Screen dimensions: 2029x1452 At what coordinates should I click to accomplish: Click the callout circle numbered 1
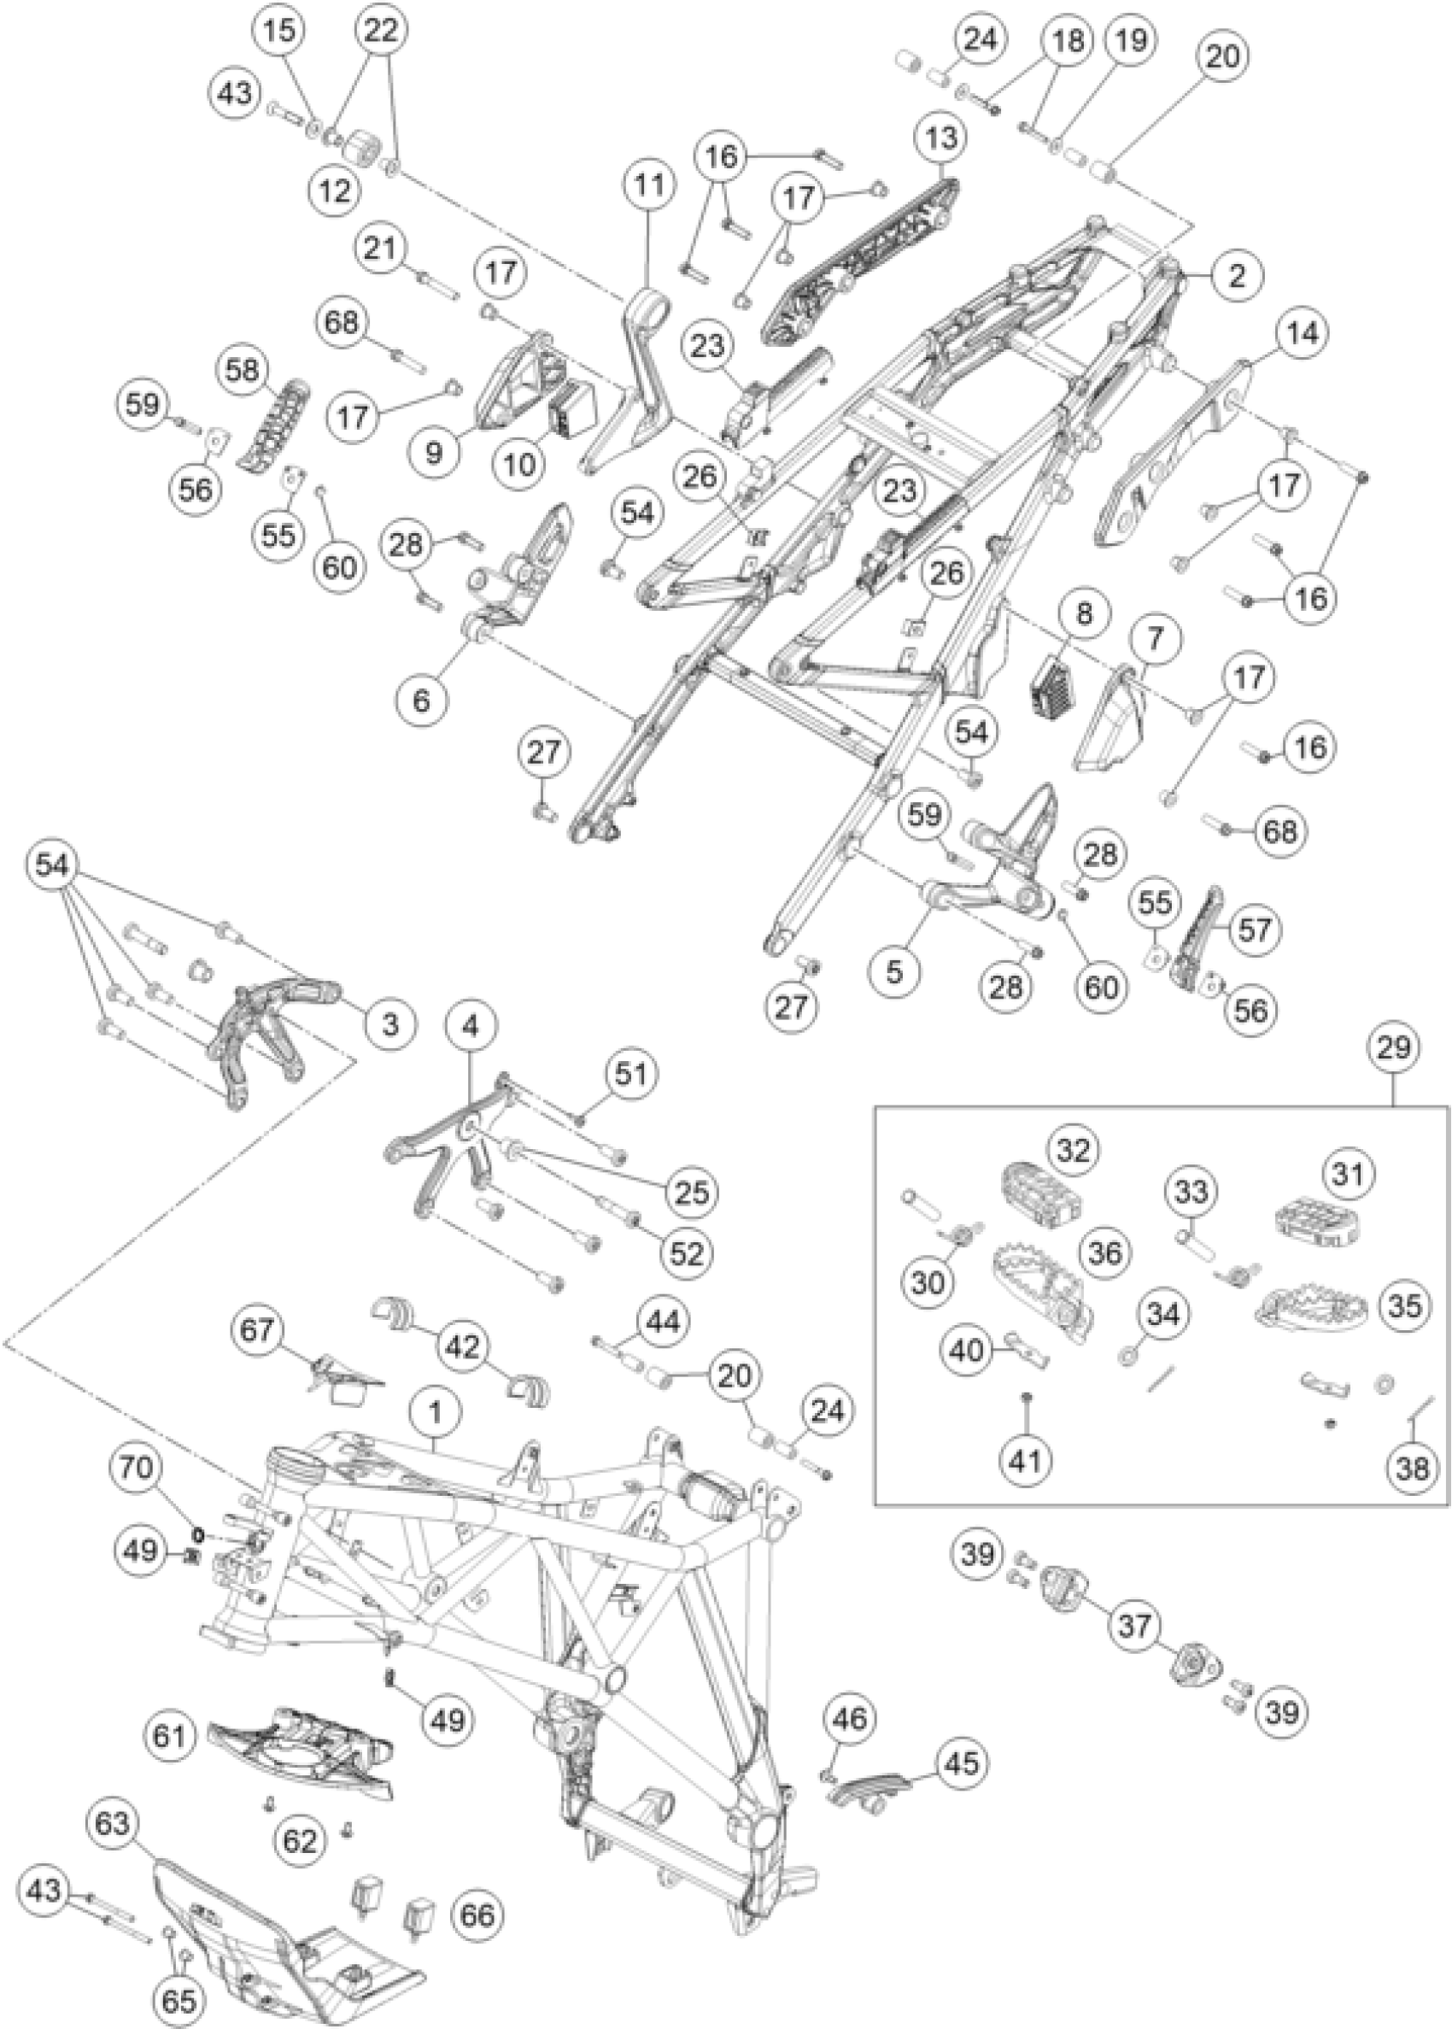tap(435, 1413)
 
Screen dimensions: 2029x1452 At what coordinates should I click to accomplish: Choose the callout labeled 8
tap(1084, 613)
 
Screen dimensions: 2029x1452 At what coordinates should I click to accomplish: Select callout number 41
tap(1025, 1460)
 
